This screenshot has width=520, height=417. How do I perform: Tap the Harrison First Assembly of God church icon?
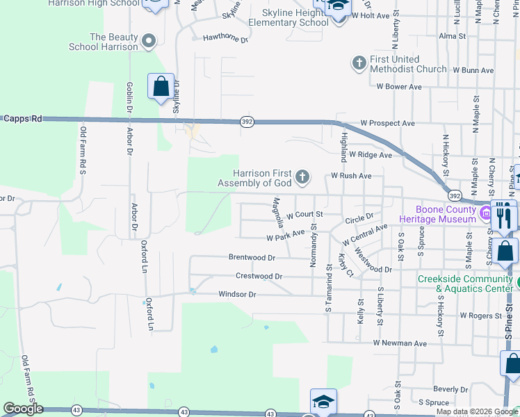click(x=302, y=177)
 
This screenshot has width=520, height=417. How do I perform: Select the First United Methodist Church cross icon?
click(x=359, y=64)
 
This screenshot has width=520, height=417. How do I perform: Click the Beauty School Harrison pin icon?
click(x=147, y=41)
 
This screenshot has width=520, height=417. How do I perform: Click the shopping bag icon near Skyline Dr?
click(x=161, y=88)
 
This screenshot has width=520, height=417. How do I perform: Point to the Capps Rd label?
click(x=22, y=119)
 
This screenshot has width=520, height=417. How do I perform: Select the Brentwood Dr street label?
click(x=252, y=257)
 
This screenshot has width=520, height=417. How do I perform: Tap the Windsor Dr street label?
click(x=238, y=295)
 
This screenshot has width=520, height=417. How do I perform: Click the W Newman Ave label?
click(x=400, y=343)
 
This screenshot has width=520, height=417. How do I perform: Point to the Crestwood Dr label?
click(x=259, y=276)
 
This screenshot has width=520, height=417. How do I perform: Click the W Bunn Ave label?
click(x=473, y=70)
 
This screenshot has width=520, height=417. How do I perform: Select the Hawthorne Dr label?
click(x=225, y=40)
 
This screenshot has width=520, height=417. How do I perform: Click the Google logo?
click(x=22, y=409)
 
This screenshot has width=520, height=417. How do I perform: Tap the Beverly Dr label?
click(x=449, y=389)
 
